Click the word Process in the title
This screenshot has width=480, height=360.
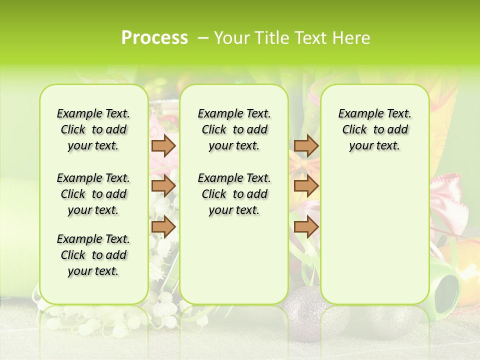(x=154, y=38)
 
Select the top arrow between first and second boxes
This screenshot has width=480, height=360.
(x=163, y=145)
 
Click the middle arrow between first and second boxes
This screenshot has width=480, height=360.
(x=163, y=185)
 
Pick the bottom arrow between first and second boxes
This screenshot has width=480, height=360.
(x=163, y=226)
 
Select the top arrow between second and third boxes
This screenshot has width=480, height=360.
(x=306, y=145)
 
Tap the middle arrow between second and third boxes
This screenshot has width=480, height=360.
(x=306, y=185)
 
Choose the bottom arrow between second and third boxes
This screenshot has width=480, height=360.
(x=306, y=226)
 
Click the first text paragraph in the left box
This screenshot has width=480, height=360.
(x=93, y=129)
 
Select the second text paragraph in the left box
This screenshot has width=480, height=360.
(x=93, y=194)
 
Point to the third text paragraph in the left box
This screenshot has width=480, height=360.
(x=93, y=255)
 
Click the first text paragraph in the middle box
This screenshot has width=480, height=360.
(x=234, y=129)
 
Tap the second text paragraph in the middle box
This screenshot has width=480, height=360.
(x=234, y=194)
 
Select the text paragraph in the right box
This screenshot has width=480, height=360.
(x=374, y=129)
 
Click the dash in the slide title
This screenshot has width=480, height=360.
(x=203, y=38)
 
